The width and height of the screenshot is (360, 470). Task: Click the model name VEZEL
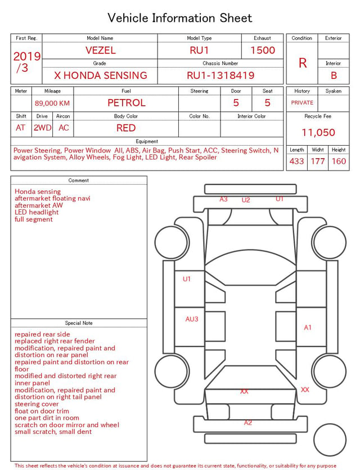[x=100, y=50]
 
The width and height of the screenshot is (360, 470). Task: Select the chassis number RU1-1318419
[x=220, y=75]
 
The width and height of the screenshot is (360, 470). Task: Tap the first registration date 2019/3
[x=26, y=62]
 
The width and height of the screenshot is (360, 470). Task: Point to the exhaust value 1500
[x=263, y=50]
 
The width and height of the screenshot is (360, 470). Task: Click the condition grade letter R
[x=303, y=63]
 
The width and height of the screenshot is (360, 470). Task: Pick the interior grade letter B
[x=334, y=75]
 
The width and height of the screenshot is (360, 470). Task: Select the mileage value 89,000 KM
[x=52, y=104]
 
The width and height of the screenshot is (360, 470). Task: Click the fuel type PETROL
[x=127, y=103]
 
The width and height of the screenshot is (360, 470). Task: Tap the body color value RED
[x=126, y=128]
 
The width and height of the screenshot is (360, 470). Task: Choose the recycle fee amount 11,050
[x=318, y=132]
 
